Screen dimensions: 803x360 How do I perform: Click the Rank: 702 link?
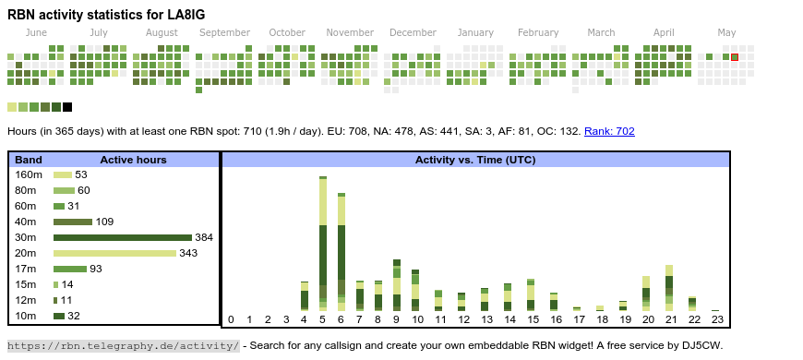click(609, 131)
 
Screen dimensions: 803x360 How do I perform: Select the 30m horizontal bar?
click(123, 237)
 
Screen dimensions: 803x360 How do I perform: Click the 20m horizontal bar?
click(115, 253)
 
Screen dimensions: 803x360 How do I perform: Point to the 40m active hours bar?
click(73, 222)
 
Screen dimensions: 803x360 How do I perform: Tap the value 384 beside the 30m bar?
click(204, 237)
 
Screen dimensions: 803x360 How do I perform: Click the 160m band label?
click(29, 174)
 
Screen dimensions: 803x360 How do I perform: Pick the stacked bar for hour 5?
click(323, 244)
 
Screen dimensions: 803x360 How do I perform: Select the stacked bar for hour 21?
click(669, 288)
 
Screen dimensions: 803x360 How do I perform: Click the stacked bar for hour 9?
click(396, 285)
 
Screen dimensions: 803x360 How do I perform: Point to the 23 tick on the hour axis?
click(717, 320)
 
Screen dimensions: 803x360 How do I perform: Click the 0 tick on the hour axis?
click(231, 320)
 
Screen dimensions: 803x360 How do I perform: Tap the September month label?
click(225, 33)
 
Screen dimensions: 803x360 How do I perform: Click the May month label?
click(726, 33)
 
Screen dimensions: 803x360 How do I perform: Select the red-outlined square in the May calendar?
click(735, 57)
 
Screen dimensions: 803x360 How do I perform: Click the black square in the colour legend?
click(67, 107)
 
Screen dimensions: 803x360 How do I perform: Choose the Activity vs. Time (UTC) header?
click(475, 160)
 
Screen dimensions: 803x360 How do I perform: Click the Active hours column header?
click(133, 160)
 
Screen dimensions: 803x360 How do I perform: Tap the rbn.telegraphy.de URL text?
click(124, 345)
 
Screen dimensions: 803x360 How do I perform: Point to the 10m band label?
click(26, 316)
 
